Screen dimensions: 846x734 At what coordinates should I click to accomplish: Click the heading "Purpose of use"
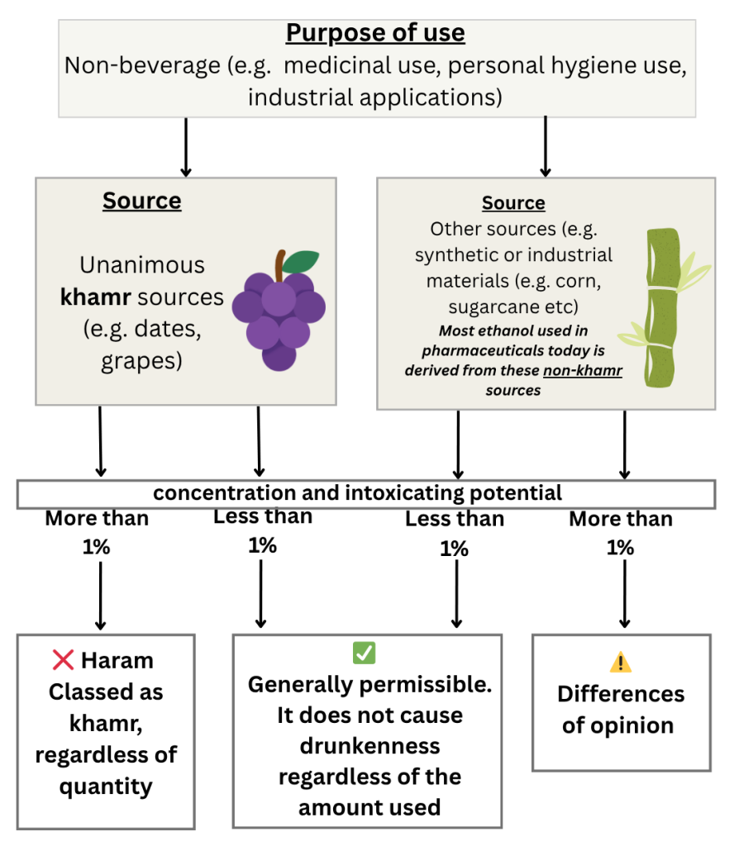tap(375, 34)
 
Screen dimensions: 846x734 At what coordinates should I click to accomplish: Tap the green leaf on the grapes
tap(303, 260)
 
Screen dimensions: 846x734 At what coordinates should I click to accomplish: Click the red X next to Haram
tap(63, 660)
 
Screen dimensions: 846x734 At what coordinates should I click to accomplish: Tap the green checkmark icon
tap(364, 653)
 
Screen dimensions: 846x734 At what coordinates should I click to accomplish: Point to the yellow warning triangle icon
tap(620, 662)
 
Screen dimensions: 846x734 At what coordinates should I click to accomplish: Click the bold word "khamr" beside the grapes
tap(91, 297)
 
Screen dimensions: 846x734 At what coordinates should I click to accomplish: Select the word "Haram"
tap(117, 661)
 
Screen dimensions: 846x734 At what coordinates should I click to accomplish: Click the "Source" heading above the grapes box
tap(141, 201)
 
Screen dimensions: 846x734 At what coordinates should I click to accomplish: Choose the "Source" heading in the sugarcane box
tap(513, 203)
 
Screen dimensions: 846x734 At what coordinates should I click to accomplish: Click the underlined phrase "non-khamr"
tap(582, 372)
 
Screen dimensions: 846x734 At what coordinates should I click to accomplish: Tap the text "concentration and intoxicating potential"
tap(357, 493)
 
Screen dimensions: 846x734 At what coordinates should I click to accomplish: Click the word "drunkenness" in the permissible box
tap(358, 745)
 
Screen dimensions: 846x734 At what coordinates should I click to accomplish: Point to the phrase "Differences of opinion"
tap(620, 709)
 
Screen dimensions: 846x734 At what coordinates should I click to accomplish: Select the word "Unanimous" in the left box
tap(141, 265)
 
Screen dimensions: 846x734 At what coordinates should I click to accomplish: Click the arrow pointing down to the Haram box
tap(100, 595)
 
